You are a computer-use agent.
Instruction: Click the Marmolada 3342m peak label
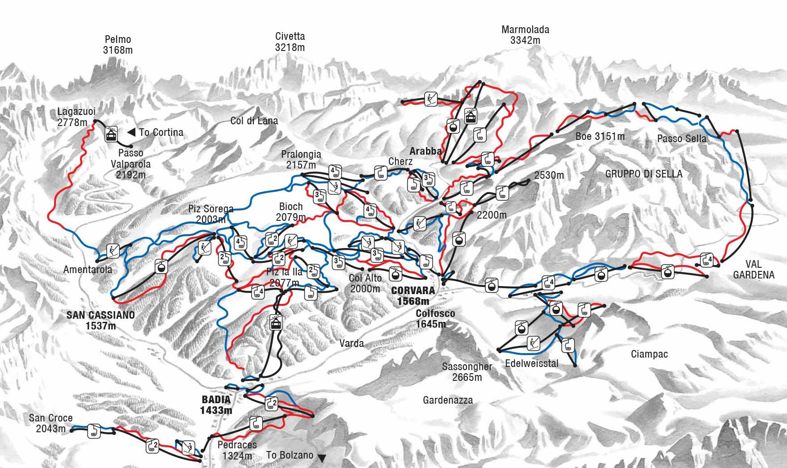pos(525,35)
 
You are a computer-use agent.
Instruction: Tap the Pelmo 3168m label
pos(118,45)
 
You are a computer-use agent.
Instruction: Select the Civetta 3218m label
pos(290,42)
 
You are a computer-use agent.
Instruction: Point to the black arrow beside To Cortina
pos(131,132)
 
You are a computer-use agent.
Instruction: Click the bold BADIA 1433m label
pos(216,405)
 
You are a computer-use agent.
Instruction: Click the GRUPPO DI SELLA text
pos(644,174)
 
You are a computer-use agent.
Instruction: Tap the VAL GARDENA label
pos(753,270)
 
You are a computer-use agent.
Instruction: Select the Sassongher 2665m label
pos(467,371)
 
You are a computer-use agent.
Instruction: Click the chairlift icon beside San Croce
pos(94,430)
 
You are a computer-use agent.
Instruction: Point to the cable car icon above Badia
pos(276,321)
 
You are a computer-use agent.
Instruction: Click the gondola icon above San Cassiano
pos(161,266)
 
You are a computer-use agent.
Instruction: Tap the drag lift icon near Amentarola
pos(113,251)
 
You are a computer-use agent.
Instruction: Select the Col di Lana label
pos(254,121)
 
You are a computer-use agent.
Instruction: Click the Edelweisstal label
pos(531,363)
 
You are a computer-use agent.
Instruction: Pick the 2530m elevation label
pos(549,175)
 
